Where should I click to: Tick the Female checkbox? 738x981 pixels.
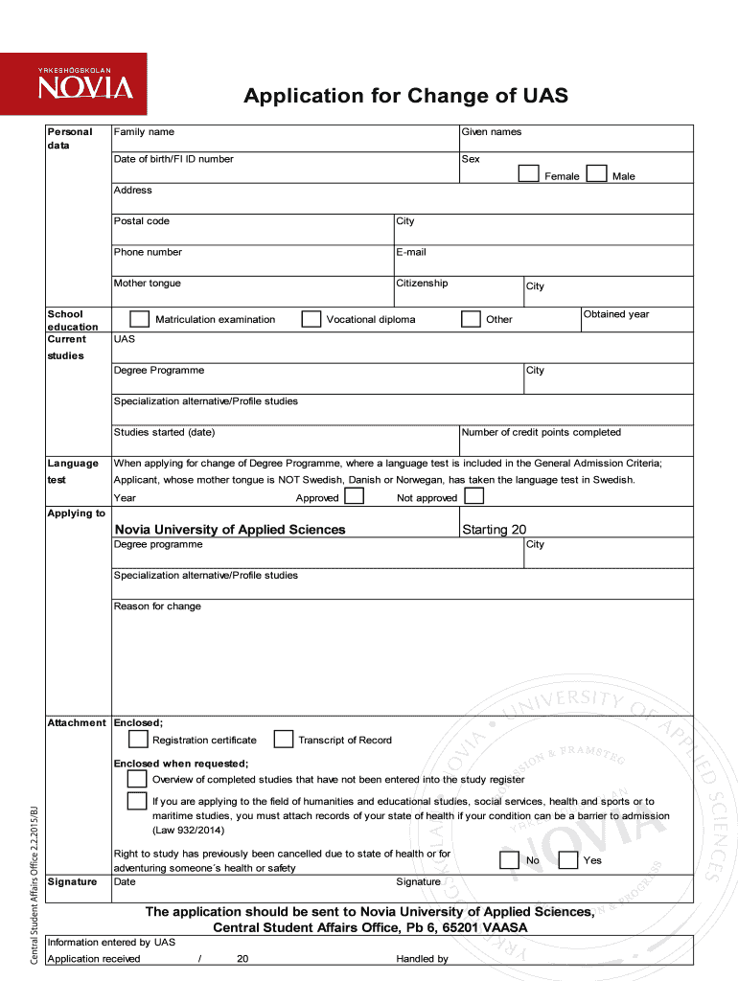pos(528,173)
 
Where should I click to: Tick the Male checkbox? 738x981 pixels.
pos(596,173)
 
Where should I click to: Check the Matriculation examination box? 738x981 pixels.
pos(139,319)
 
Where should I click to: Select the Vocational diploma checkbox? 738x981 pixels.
pos(311,319)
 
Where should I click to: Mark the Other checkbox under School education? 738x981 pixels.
pos(471,319)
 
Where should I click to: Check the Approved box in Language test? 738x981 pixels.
pos(354,496)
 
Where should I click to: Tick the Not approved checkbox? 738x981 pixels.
pos(473,496)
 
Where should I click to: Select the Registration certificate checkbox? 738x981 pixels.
pos(138,739)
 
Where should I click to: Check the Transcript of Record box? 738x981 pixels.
pos(283,739)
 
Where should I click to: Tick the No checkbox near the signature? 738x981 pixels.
pos(510,859)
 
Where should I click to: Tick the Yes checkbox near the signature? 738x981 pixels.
pos(567,859)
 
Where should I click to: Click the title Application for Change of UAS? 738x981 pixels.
pos(405,96)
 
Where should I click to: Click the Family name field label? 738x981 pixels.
pos(144,132)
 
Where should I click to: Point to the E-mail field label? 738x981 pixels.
pos(411,252)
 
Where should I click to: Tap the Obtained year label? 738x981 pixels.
pos(616,314)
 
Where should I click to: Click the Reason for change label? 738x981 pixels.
pos(157,606)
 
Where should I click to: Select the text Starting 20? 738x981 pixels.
pos(494,530)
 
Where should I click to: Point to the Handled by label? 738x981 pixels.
pos(422,959)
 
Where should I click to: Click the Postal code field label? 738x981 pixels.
pos(142,221)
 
